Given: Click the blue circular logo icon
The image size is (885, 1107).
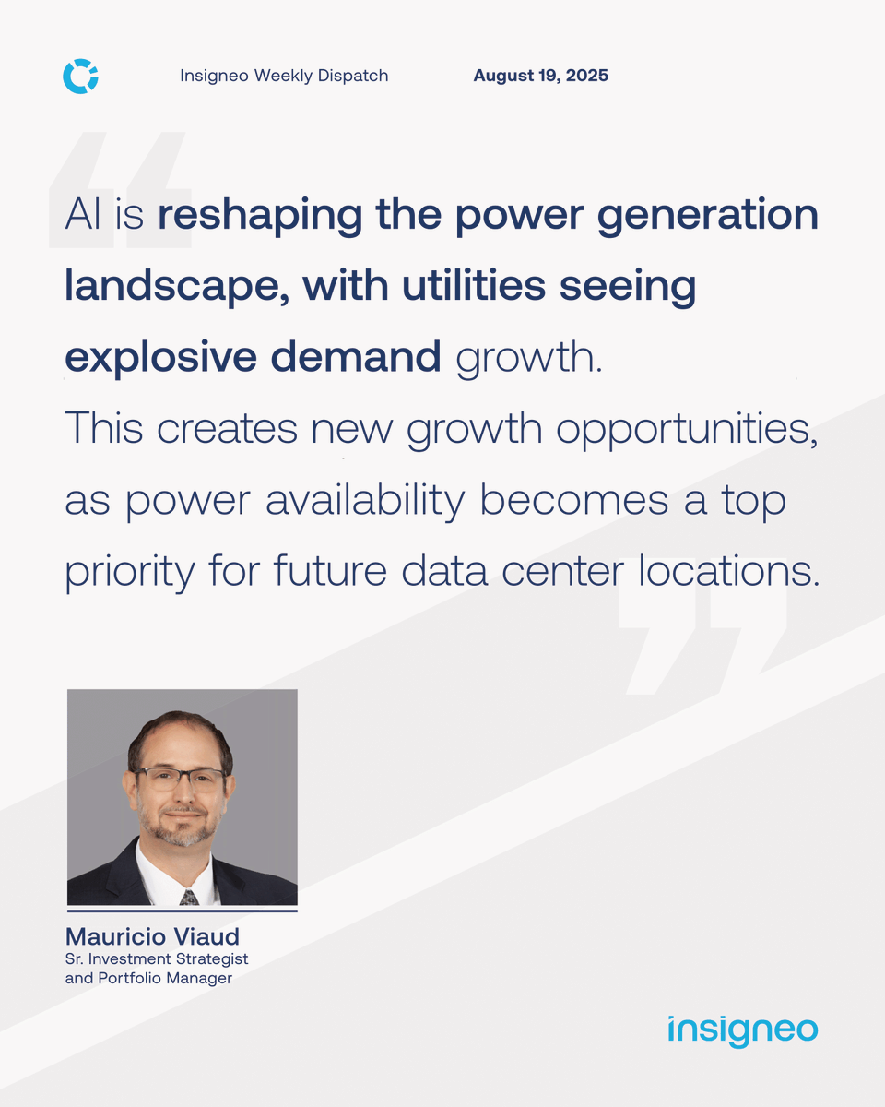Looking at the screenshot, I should coord(80,76).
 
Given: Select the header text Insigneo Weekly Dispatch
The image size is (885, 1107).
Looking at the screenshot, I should coord(284,76).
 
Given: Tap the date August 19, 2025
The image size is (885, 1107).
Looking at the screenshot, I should coord(540,76).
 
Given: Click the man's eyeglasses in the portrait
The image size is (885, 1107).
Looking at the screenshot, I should coord(181,778).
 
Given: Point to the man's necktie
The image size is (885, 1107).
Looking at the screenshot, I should coord(188,896).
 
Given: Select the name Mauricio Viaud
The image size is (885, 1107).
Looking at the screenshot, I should coord(152,936).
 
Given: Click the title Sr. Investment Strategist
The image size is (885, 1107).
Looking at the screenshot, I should coord(157,959).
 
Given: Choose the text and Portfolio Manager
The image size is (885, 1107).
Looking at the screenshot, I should coord(148,978).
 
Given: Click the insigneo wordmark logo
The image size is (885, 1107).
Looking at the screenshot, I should coord(742,1030).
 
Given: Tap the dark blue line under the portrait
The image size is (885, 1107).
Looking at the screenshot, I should coord(182,911).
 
